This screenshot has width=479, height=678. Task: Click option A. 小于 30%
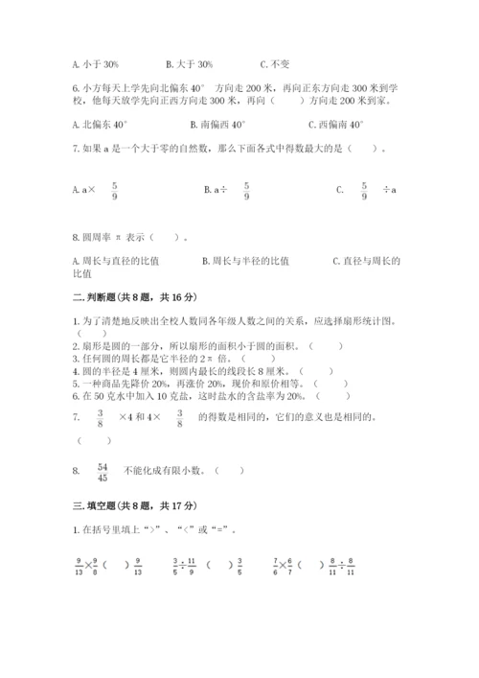click(x=95, y=64)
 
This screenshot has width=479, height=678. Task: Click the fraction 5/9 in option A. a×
click(x=114, y=190)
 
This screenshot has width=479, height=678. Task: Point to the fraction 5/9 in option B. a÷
click(x=246, y=190)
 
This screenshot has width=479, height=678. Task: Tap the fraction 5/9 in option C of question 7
click(x=364, y=190)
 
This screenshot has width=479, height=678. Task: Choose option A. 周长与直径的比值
click(x=116, y=260)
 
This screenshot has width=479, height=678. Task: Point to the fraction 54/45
click(x=103, y=470)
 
